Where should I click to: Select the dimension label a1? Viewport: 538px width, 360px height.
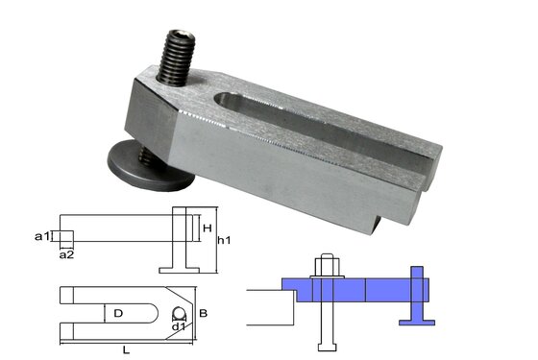[41, 234]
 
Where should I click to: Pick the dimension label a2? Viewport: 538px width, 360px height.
[66, 254]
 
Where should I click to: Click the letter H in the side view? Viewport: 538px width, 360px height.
[208, 228]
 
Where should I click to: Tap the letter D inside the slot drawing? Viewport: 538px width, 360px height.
[118, 313]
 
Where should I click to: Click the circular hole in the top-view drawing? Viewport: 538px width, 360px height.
[178, 313]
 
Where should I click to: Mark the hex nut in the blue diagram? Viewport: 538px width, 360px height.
[323, 268]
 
